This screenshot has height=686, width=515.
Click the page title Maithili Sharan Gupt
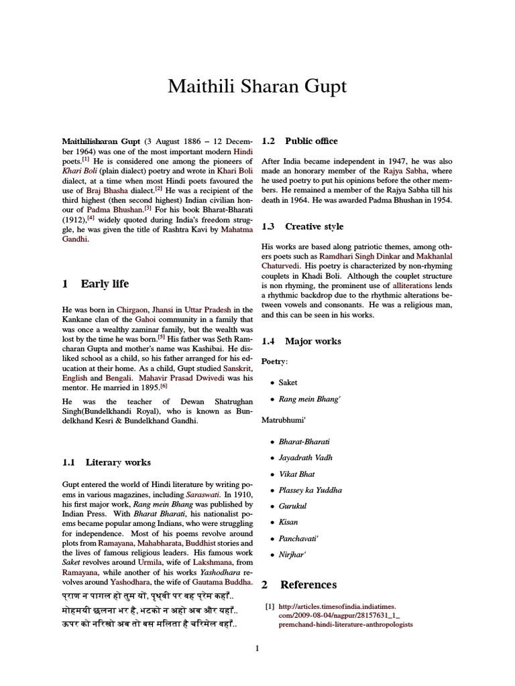[257, 87]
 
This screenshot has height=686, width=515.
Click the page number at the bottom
[257, 648]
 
